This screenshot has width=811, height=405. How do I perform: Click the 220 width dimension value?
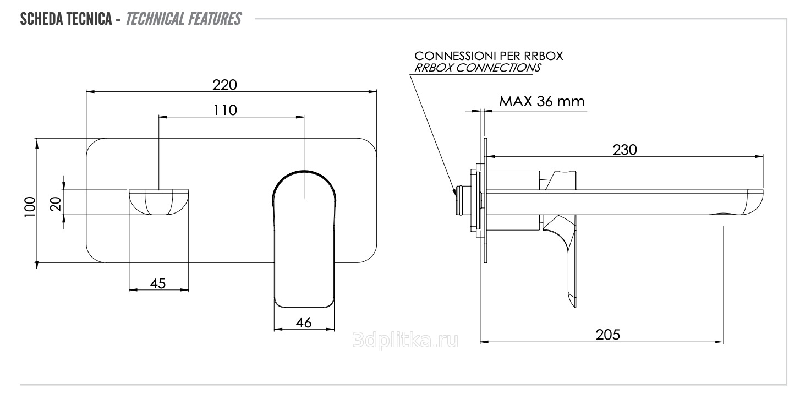click(224, 85)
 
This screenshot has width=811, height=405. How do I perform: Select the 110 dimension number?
click(225, 110)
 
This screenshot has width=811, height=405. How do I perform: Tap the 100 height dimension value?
click(30, 207)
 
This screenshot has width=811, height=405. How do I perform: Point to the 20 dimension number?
click(56, 204)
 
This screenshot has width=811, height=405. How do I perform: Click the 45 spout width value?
click(158, 283)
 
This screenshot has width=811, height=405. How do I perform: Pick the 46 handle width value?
click(303, 322)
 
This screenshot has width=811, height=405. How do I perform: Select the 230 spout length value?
click(624, 150)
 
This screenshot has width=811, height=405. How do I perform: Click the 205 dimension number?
click(608, 335)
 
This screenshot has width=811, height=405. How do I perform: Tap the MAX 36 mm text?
click(542, 101)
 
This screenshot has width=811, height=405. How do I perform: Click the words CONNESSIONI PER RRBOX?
click(489, 56)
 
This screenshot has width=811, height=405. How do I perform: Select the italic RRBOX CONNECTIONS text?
click(478, 68)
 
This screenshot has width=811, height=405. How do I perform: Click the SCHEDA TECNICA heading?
click(66, 19)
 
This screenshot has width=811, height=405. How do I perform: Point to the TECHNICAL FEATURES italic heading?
click(183, 19)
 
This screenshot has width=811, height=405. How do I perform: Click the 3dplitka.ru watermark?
click(405, 340)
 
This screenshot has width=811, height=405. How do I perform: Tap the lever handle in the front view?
click(304, 239)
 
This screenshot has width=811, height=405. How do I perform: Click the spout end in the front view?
click(159, 202)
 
